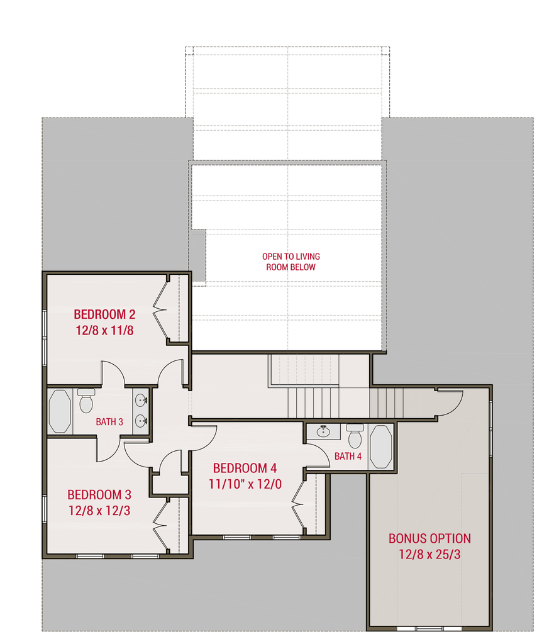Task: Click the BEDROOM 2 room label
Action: [x=104, y=314]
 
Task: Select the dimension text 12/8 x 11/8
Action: [x=104, y=330]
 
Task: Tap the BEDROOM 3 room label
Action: [x=99, y=494]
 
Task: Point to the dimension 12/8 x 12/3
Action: [x=99, y=510]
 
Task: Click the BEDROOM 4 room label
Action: [x=245, y=469]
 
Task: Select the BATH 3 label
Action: [x=109, y=421]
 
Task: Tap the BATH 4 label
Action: [x=348, y=456]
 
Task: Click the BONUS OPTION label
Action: [x=429, y=538]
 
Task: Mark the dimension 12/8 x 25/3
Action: [x=429, y=555]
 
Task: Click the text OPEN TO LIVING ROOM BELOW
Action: [x=291, y=262]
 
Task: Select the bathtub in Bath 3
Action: [x=60, y=411]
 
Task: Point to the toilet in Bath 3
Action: [x=86, y=401]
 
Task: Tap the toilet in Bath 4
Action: [x=355, y=436]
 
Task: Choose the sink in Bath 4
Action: [x=324, y=431]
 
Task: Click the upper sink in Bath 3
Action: [x=141, y=399]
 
